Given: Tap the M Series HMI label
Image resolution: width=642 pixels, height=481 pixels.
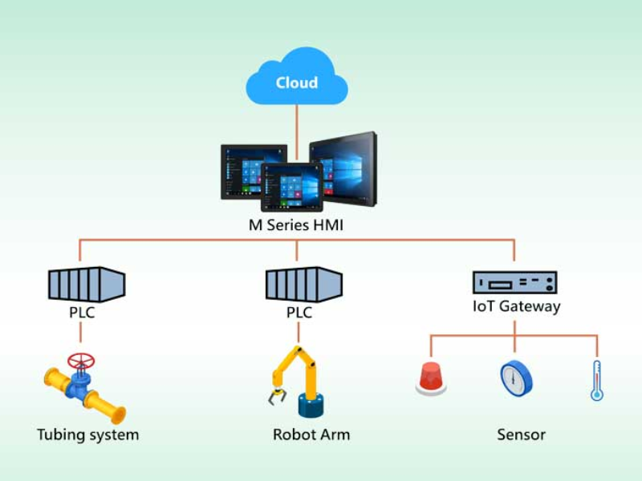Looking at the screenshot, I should pos(296,225).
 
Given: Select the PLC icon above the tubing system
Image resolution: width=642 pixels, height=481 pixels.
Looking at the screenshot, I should pos(87,283).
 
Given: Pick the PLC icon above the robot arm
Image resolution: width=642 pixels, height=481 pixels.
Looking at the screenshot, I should pos(298,283).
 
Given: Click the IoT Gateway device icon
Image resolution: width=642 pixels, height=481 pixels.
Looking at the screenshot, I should pos(514,281).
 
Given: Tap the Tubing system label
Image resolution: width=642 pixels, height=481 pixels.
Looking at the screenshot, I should pos(87,435).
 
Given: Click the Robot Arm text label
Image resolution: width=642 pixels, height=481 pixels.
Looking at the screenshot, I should pos(311,435).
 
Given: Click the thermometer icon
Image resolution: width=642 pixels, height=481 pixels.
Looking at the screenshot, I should pos(596,380).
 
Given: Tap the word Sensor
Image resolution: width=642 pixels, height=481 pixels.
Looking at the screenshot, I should pos(521,435).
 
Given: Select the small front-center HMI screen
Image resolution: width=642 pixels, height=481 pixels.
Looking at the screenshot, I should pos(291,185).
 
